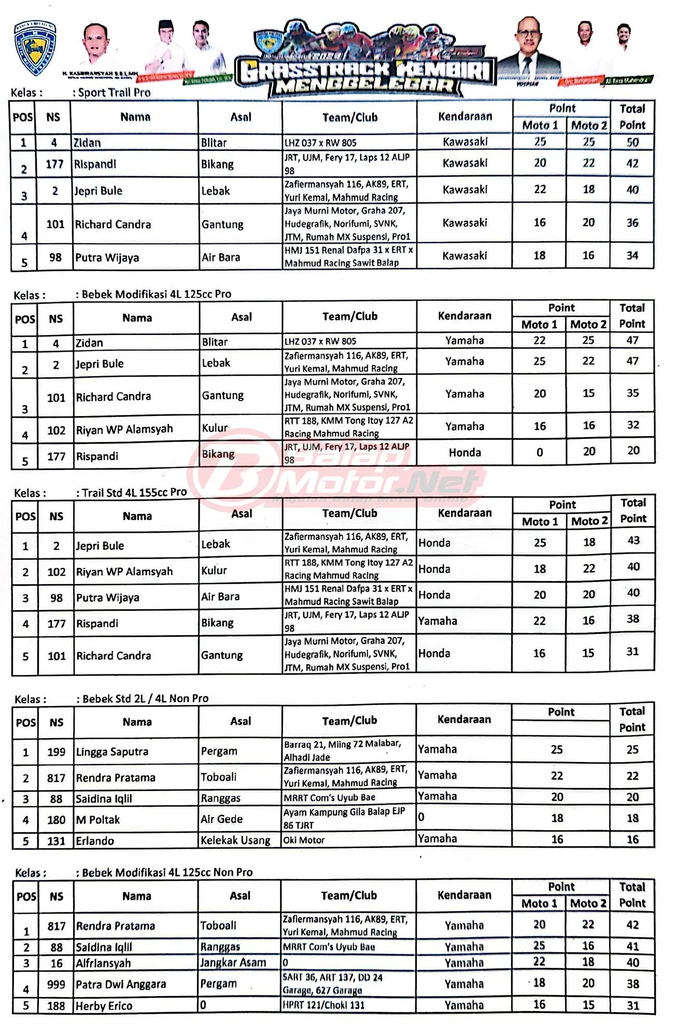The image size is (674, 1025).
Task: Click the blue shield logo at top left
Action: pyautogui.click(x=35, y=48)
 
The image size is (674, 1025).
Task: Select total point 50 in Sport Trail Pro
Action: pyautogui.click(x=633, y=142)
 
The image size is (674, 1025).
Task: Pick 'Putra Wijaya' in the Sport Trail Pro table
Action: pyautogui.click(x=107, y=258)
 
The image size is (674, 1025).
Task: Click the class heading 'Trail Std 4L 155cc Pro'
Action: pyautogui.click(x=134, y=492)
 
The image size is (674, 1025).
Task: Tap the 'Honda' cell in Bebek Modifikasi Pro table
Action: pyautogui.click(x=465, y=453)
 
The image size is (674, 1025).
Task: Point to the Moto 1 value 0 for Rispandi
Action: pyautogui.click(x=540, y=453)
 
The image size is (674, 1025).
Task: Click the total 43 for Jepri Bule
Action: pyautogui.click(x=633, y=541)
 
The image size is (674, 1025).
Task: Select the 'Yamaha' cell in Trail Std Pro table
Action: pyautogui.click(x=438, y=621)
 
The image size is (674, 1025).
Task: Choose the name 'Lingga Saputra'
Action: pyautogui.click(x=112, y=752)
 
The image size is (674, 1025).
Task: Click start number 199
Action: pyautogui.click(x=57, y=752)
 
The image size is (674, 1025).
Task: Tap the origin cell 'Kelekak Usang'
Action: pyautogui.click(x=235, y=840)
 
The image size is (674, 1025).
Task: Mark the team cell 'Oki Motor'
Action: pyautogui.click(x=304, y=840)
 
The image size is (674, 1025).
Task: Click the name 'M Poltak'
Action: pyautogui.click(x=98, y=820)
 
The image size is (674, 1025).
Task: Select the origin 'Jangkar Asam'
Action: pyautogui.click(x=233, y=963)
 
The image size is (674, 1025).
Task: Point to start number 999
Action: pyautogui.click(x=56, y=984)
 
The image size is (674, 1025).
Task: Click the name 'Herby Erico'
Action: pyautogui.click(x=104, y=1006)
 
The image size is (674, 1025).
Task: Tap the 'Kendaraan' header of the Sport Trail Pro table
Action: pyautogui.click(x=465, y=117)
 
